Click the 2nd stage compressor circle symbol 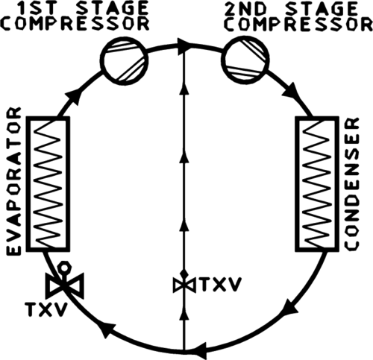245,59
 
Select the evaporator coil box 48,184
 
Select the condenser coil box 317,184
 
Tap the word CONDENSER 352,184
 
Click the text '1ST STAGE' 83,8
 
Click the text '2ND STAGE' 291,8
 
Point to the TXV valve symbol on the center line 184,285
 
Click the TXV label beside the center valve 221,285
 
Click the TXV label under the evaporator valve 46,309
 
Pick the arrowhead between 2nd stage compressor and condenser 290,91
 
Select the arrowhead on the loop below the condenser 290,307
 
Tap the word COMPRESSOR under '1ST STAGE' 75,24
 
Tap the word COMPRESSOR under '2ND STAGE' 298,25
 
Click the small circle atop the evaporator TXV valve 64,268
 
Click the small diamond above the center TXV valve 184,274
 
